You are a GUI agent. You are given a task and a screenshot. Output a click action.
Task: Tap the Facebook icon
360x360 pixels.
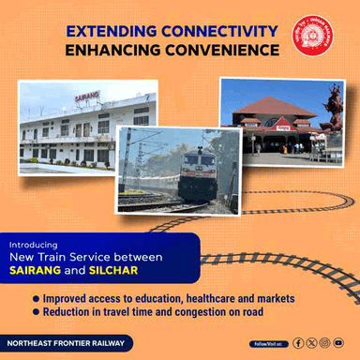pos(298,343)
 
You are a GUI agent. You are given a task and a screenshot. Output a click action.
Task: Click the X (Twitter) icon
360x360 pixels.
pos(311,343)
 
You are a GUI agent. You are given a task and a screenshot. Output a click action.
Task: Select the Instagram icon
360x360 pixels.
pos(324,343)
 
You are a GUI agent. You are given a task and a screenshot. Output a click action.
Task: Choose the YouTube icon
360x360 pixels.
pos(337,343)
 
